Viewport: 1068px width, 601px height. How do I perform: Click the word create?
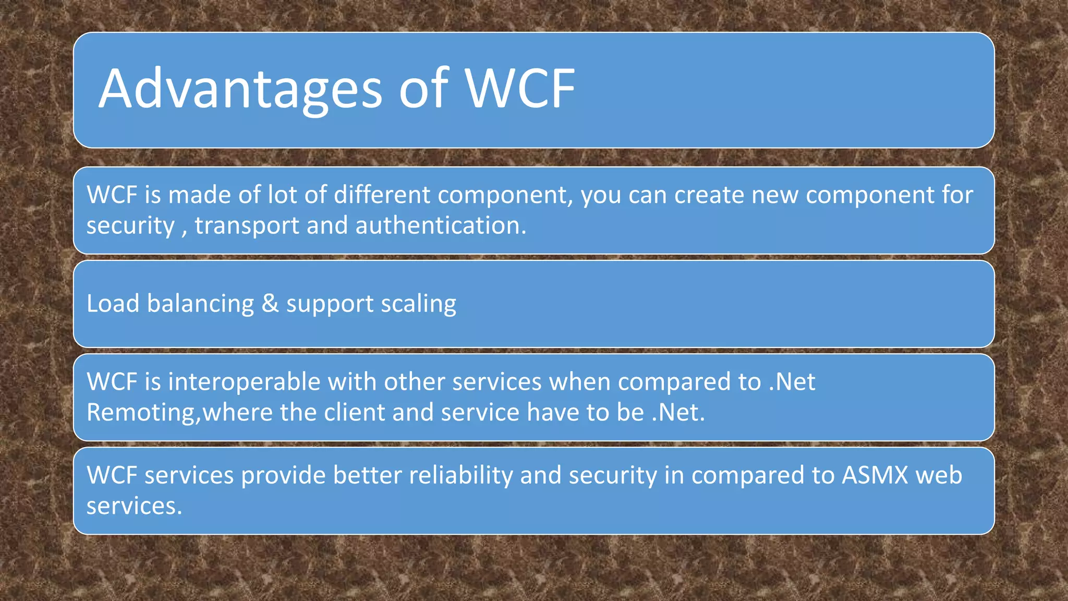coord(709,195)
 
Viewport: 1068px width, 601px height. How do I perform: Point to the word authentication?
coord(441,225)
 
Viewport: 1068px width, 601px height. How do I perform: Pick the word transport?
coord(247,225)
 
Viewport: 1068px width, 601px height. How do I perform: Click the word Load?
coord(113,304)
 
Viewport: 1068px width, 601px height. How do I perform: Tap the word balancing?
coord(200,304)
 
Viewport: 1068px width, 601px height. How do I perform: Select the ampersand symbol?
coord(270,304)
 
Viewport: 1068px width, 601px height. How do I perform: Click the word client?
coord(354,412)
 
